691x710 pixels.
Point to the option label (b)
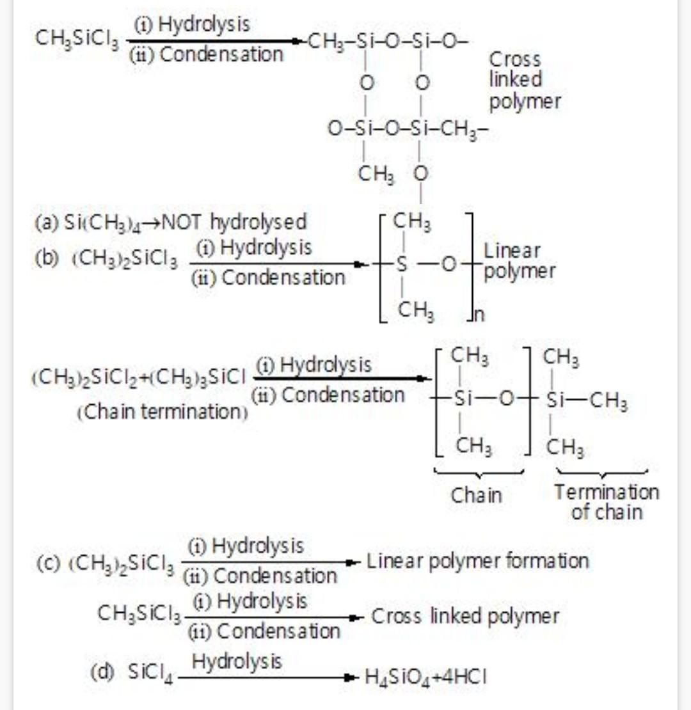tap(46, 262)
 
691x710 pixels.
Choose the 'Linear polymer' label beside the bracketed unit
tap(519, 261)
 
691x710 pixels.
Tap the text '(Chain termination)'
tap(163, 411)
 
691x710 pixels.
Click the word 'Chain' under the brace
tap(477, 495)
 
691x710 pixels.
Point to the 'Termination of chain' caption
tap(606, 501)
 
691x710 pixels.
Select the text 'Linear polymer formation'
tap(477, 562)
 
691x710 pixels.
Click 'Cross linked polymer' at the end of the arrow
tap(465, 617)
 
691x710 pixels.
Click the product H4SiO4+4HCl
tap(425, 677)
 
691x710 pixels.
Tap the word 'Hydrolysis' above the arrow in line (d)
tap(236, 661)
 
